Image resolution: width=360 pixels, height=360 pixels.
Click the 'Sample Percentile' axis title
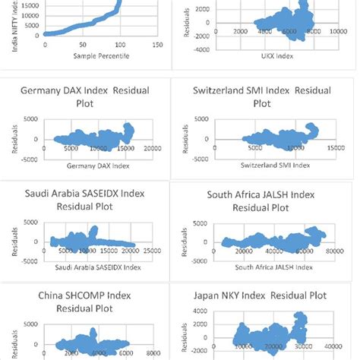[80, 56]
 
